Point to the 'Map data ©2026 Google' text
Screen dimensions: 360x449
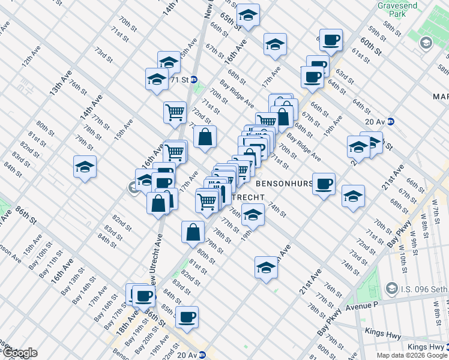tap(412, 355)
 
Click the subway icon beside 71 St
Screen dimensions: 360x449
tap(194, 80)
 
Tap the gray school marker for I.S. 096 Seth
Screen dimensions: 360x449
tap(393, 289)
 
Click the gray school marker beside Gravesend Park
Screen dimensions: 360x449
tap(426, 43)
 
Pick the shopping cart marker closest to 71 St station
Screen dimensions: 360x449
tap(174, 111)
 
